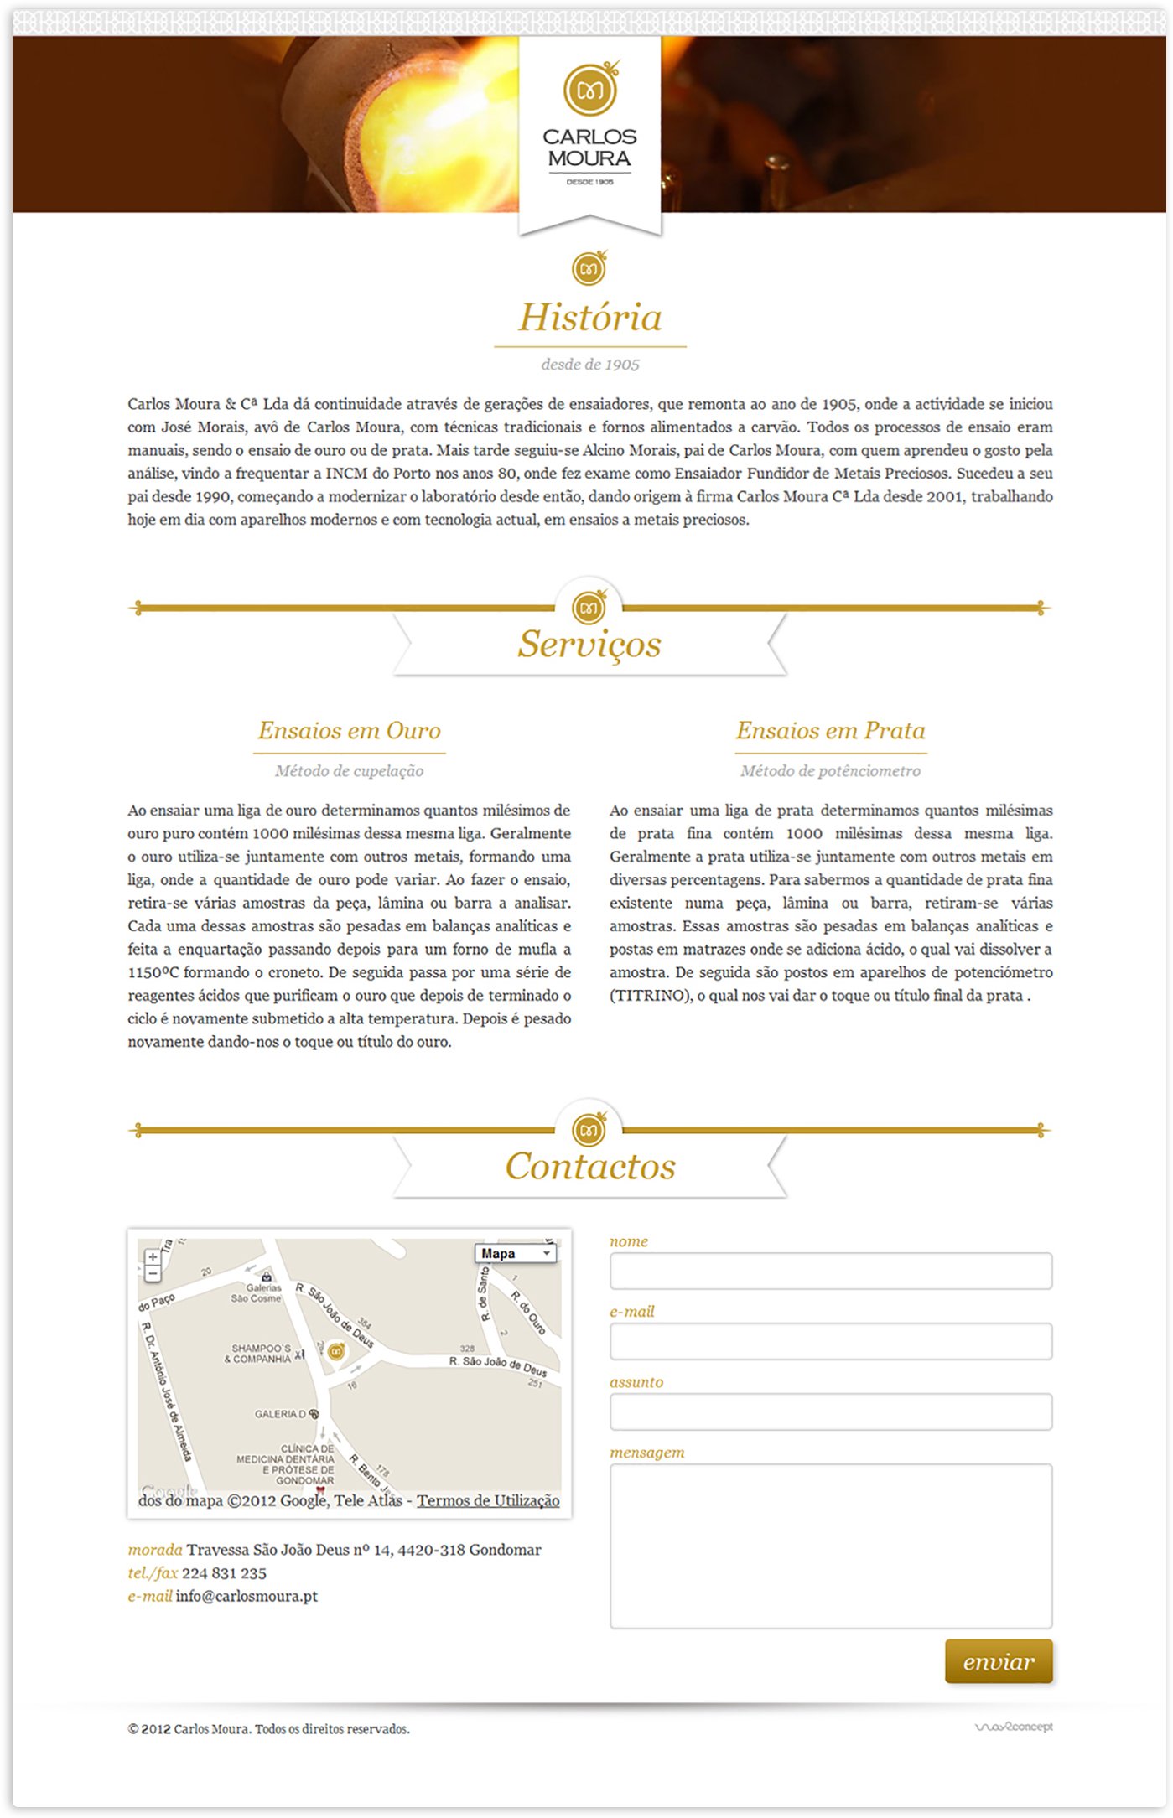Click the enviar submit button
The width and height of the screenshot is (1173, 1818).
click(998, 1660)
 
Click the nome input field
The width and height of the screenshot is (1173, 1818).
click(830, 1271)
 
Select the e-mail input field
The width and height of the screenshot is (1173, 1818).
click(830, 1341)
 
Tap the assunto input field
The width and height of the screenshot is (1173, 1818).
click(830, 1411)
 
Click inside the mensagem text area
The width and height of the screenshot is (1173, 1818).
click(830, 1546)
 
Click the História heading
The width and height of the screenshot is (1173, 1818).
click(590, 318)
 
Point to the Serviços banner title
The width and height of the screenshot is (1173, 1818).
click(589, 644)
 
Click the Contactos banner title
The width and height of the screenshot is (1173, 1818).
click(590, 1166)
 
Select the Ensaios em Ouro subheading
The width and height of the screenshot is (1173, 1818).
click(349, 730)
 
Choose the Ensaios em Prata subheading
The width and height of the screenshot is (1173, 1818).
click(830, 730)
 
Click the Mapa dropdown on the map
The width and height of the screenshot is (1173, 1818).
click(516, 1253)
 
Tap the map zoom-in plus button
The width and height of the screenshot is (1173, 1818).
click(153, 1257)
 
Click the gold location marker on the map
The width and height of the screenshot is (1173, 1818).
click(336, 1351)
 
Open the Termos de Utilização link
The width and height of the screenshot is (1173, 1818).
click(488, 1500)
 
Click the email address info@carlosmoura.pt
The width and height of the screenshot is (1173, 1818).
click(247, 1596)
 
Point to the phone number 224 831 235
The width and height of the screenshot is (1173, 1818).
click(224, 1573)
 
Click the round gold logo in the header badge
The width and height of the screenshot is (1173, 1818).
click(590, 89)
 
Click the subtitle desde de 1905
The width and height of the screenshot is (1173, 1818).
click(590, 365)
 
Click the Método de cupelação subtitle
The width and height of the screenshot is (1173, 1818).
click(349, 771)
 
